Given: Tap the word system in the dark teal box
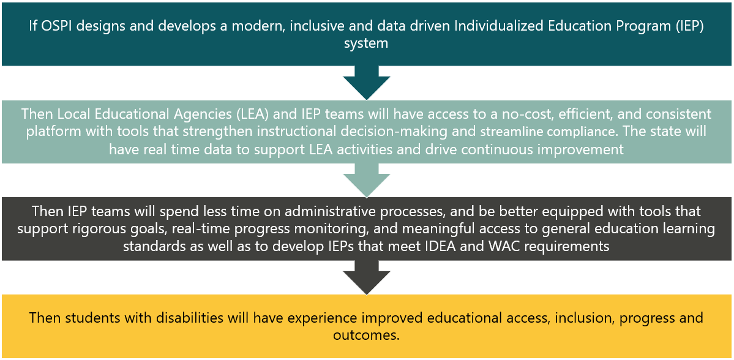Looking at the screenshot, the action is pos(367,44).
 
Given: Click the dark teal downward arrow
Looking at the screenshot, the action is pos(367,83).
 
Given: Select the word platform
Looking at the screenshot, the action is pos(48,132).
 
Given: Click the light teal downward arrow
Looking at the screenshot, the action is pos(367,180).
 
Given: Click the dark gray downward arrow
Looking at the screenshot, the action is pos(367,277).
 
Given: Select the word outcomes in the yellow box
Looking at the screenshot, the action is pos(367,335).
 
